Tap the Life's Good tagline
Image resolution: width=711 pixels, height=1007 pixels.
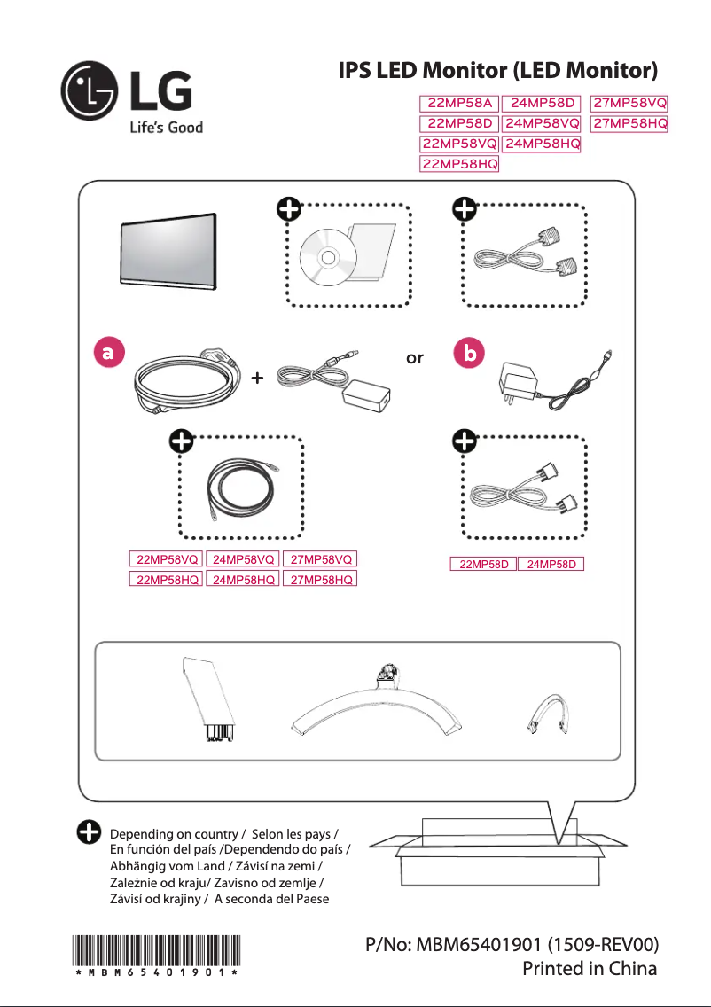click(160, 128)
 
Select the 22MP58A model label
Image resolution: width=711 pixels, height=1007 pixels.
click(459, 105)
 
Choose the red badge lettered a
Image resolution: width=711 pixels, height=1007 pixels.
click(107, 352)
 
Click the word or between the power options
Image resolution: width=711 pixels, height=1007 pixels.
click(414, 359)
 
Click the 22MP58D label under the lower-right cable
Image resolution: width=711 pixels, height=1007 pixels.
click(483, 564)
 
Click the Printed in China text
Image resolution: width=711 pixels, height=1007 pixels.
click(590, 968)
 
